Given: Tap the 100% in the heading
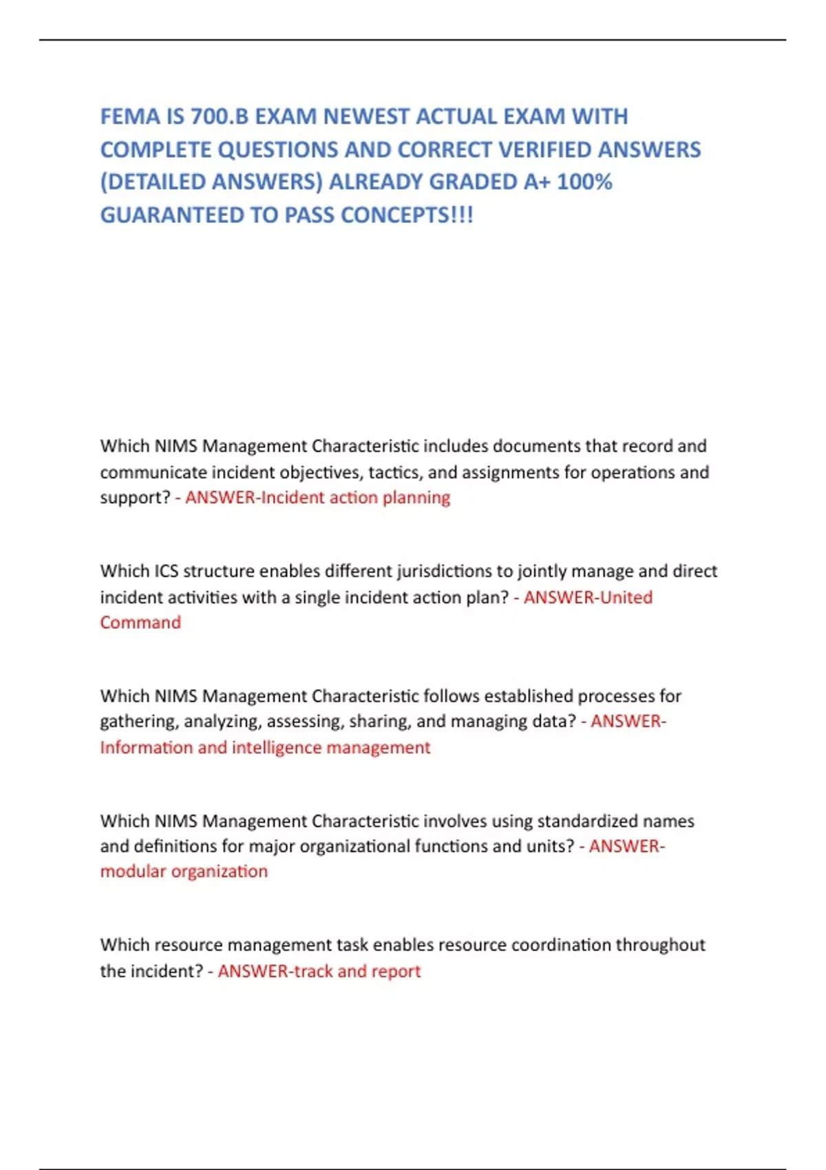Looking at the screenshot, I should click(x=584, y=182).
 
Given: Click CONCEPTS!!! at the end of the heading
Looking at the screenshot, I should click(x=407, y=215).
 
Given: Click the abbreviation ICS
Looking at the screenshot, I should click(x=166, y=571).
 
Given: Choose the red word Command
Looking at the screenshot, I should click(x=140, y=622).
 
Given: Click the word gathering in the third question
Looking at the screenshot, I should click(x=139, y=721).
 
